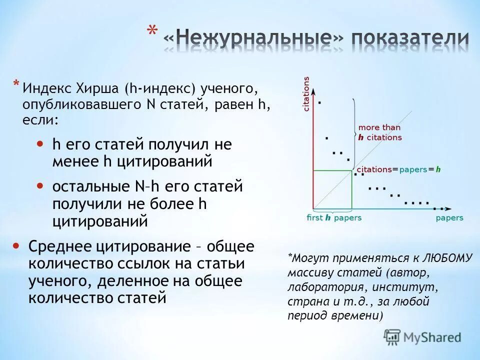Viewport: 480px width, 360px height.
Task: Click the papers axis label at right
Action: point(449,217)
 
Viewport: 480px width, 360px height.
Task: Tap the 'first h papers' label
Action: point(333,217)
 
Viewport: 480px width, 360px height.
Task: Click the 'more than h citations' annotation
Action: point(379,132)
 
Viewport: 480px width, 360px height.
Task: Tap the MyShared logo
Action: point(423,337)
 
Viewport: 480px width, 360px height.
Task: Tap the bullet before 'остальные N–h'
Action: point(40,185)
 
